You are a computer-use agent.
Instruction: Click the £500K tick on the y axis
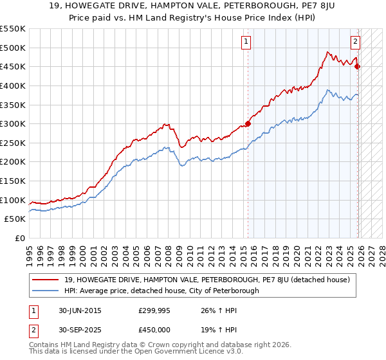click(13, 48)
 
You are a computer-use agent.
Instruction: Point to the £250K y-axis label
click(13, 143)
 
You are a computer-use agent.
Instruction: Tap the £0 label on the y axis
click(19, 238)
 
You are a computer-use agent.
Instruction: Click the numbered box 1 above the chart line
click(247, 42)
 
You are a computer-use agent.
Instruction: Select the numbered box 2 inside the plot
click(355, 42)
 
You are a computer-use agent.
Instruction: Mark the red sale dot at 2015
click(248, 124)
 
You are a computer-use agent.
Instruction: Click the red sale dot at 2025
click(358, 67)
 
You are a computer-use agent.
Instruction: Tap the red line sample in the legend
click(46, 280)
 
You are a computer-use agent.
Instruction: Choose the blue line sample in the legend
click(46, 291)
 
